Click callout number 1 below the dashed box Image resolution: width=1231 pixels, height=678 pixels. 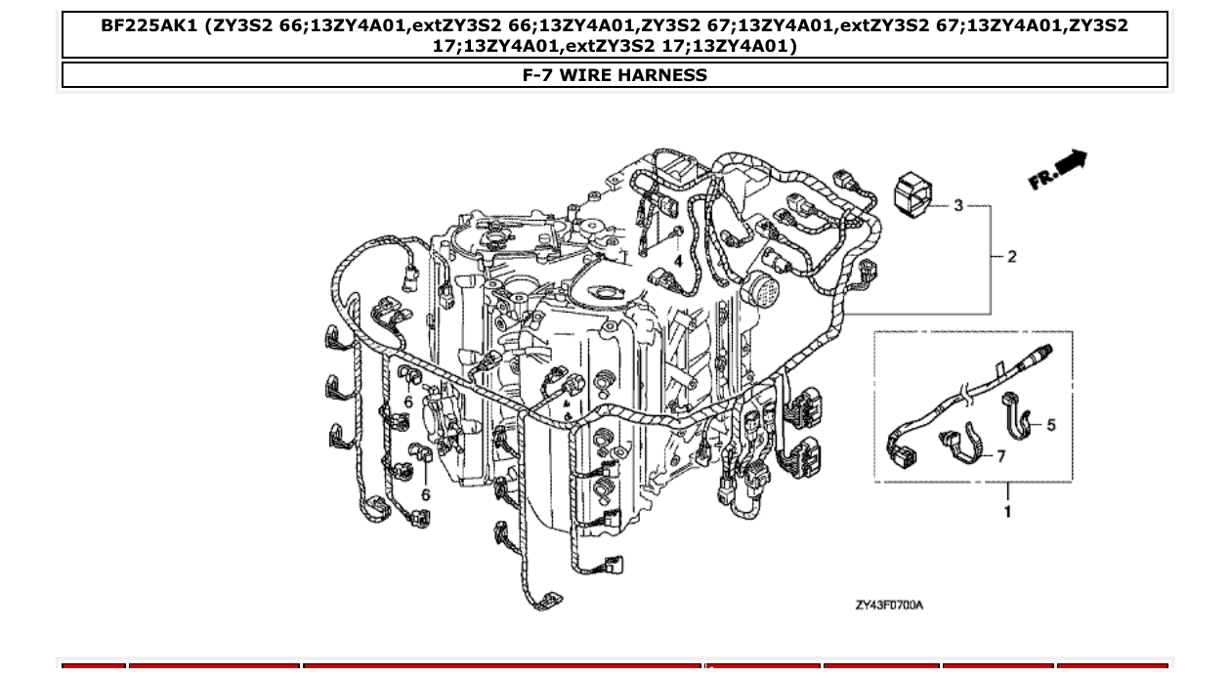tap(1007, 512)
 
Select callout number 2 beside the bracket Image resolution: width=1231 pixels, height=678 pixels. tap(1011, 257)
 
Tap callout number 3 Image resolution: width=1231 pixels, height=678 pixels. tap(958, 205)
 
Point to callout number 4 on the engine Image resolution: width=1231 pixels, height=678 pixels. tap(677, 261)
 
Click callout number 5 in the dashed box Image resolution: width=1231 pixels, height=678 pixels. tap(1050, 425)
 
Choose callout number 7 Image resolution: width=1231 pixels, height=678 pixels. tap(1000, 456)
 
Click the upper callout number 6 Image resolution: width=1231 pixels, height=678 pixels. tap(408, 402)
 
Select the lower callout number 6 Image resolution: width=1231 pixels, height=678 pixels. tap(425, 494)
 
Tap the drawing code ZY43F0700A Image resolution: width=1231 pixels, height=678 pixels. tap(888, 605)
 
